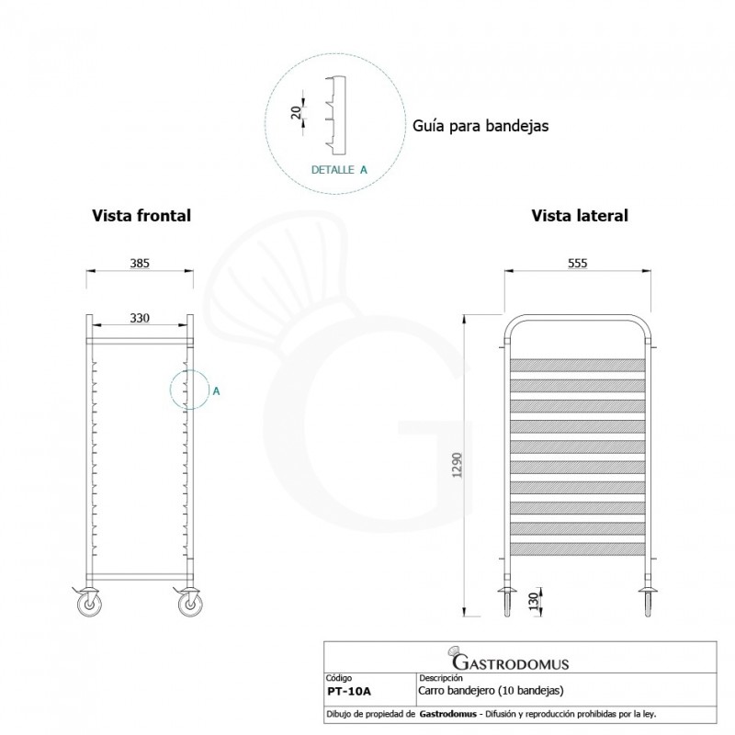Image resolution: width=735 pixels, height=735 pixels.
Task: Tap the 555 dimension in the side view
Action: (x=577, y=262)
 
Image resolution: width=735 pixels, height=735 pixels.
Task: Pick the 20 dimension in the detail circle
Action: (x=296, y=112)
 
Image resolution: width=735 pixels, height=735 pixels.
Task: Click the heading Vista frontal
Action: (x=141, y=216)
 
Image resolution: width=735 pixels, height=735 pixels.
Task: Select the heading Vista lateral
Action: (x=580, y=216)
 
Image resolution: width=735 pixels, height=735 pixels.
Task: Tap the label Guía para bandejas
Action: (x=480, y=126)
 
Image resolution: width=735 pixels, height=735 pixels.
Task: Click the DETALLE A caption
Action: (x=339, y=170)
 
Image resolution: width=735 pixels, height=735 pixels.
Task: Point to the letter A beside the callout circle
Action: (x=216, y=390)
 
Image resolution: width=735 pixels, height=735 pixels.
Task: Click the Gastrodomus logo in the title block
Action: (x=510, y=661)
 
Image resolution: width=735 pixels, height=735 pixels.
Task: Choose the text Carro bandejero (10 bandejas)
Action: (x=491, y=689)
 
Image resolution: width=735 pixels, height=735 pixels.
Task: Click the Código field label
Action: (x=340, y=677)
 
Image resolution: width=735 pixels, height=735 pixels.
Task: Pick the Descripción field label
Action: (x=439, y=677)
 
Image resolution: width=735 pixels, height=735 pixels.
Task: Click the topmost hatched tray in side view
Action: (x=577, y=364)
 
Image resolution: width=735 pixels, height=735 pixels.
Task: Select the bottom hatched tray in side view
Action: (x=577, y=549)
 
